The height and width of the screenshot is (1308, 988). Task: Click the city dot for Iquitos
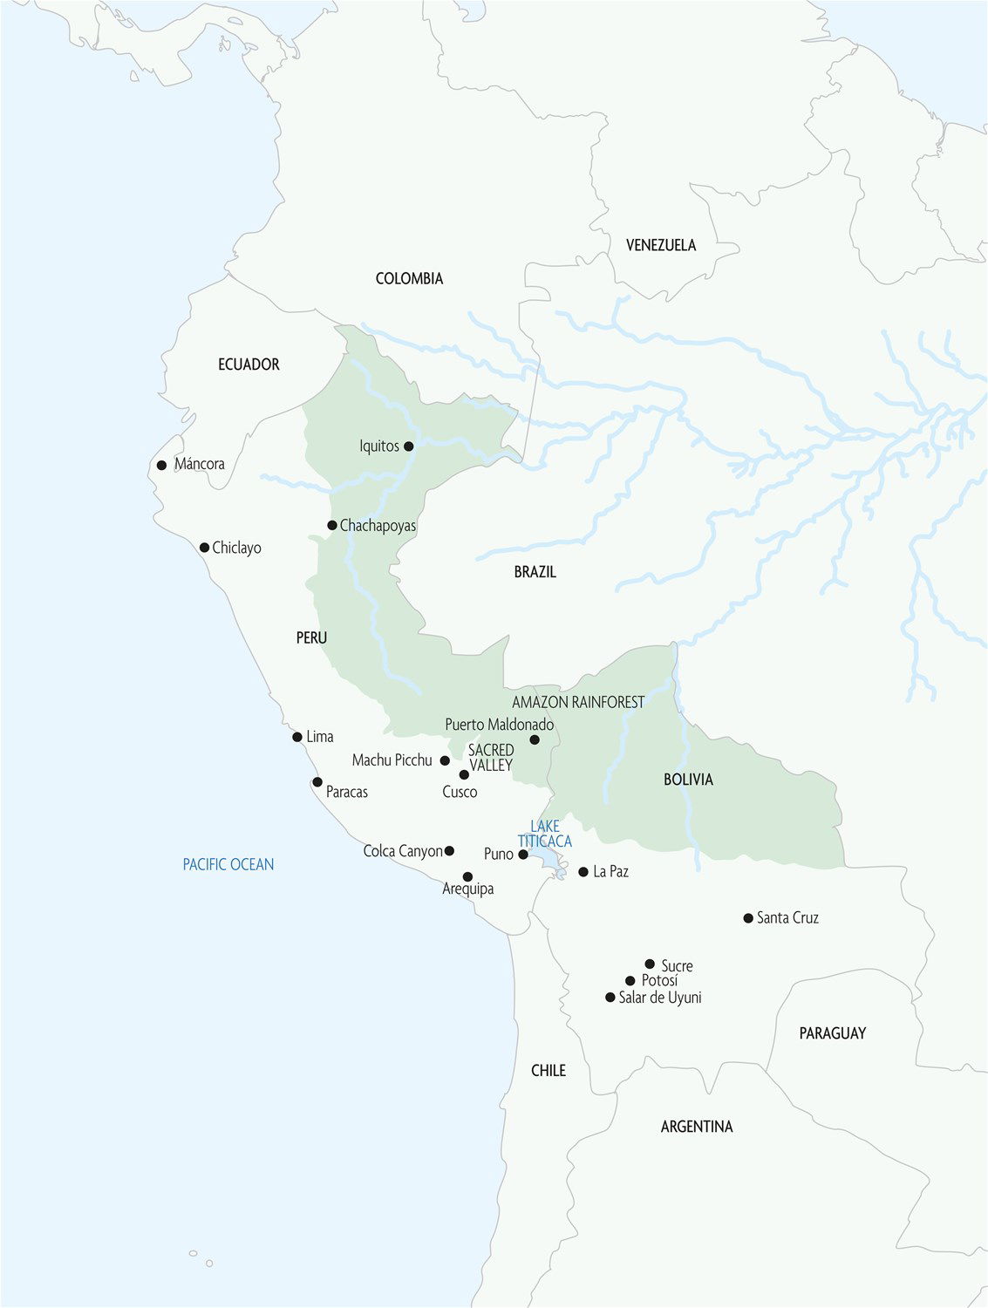(x=408, y=446)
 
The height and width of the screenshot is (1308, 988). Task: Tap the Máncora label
(x=199, y=464)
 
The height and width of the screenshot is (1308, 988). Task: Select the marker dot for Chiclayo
(x=204, y=548)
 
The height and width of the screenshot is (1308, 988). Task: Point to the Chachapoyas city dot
(x=332, y=525)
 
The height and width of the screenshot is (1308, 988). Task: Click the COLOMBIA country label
(x=409, y=278)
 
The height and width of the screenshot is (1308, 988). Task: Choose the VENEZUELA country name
(x=660, y=245)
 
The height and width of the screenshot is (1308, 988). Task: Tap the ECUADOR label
(x=249, y=364)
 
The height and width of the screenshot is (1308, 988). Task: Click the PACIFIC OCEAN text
(x=228, y=864)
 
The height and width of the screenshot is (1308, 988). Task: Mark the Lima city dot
(x=297, y=737)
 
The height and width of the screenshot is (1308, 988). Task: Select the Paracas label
(x=346, y=792)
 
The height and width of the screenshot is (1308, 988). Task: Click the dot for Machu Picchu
(x=445, y=760)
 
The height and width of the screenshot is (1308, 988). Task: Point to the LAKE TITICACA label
(x=545, y=834)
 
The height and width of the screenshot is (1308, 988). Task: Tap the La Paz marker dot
(x=583, y=871)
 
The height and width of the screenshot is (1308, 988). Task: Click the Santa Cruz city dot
(x=748, y=918)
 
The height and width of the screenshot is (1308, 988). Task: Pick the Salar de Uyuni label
(x=659, y=998)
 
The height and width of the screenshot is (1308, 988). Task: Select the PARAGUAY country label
(x=832, y=1033)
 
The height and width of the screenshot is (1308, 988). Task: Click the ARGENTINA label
(x=696, y=1127)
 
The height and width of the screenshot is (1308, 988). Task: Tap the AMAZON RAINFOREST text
(x=578, y=702)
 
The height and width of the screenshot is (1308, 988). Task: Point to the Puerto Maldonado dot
(x=535, y=739)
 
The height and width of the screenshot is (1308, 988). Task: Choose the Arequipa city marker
(x=467, y=876)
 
